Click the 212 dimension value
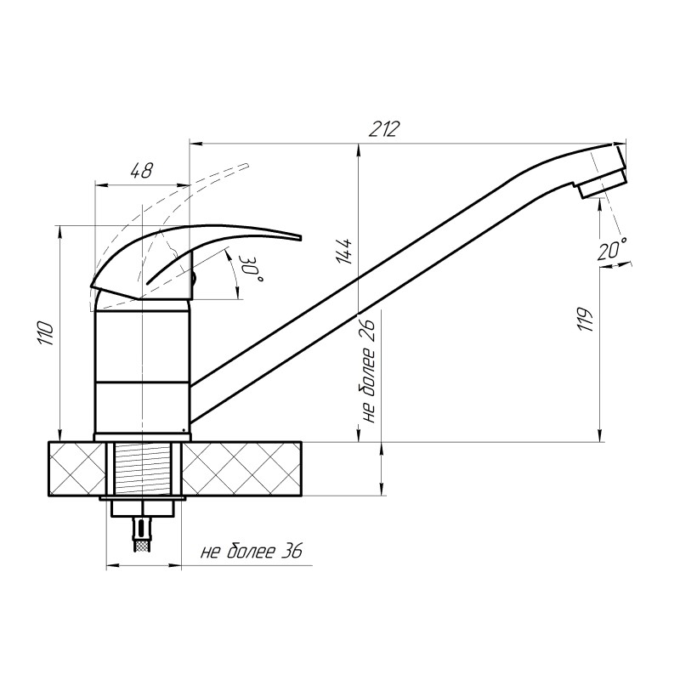click(383, 129)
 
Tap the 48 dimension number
click(141, 171)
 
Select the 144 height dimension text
click(345, 251)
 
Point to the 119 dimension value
click(586, 320)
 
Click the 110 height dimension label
click(47, 333)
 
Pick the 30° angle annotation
click(252, 269)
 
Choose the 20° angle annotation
click(612, 248)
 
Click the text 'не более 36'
click(251, 552)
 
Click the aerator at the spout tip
click(602, 184)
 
